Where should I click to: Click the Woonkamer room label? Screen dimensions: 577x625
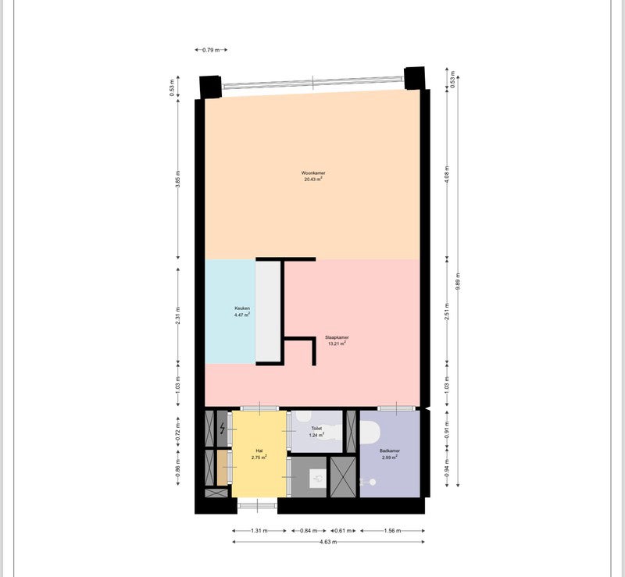coord(312,173)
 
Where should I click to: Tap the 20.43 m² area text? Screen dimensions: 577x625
coord(312,180)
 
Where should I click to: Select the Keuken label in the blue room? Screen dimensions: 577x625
coord(242,308)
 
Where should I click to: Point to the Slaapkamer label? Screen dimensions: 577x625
coord(337,337)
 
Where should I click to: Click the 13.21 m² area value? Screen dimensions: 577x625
coord(337,344)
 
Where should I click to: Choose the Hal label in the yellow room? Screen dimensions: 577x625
coord(259,451)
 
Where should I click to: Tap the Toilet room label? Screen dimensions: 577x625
coord(316,429)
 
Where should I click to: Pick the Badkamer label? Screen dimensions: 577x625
coord(391,451)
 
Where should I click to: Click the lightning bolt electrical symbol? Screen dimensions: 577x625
coord(223,428)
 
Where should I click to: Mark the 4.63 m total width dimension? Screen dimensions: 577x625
coord(329,542)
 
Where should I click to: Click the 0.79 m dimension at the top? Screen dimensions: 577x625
coord(210,50)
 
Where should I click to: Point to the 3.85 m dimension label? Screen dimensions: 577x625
coord(178,180)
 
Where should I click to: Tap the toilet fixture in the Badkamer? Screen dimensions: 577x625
coord(368,431)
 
